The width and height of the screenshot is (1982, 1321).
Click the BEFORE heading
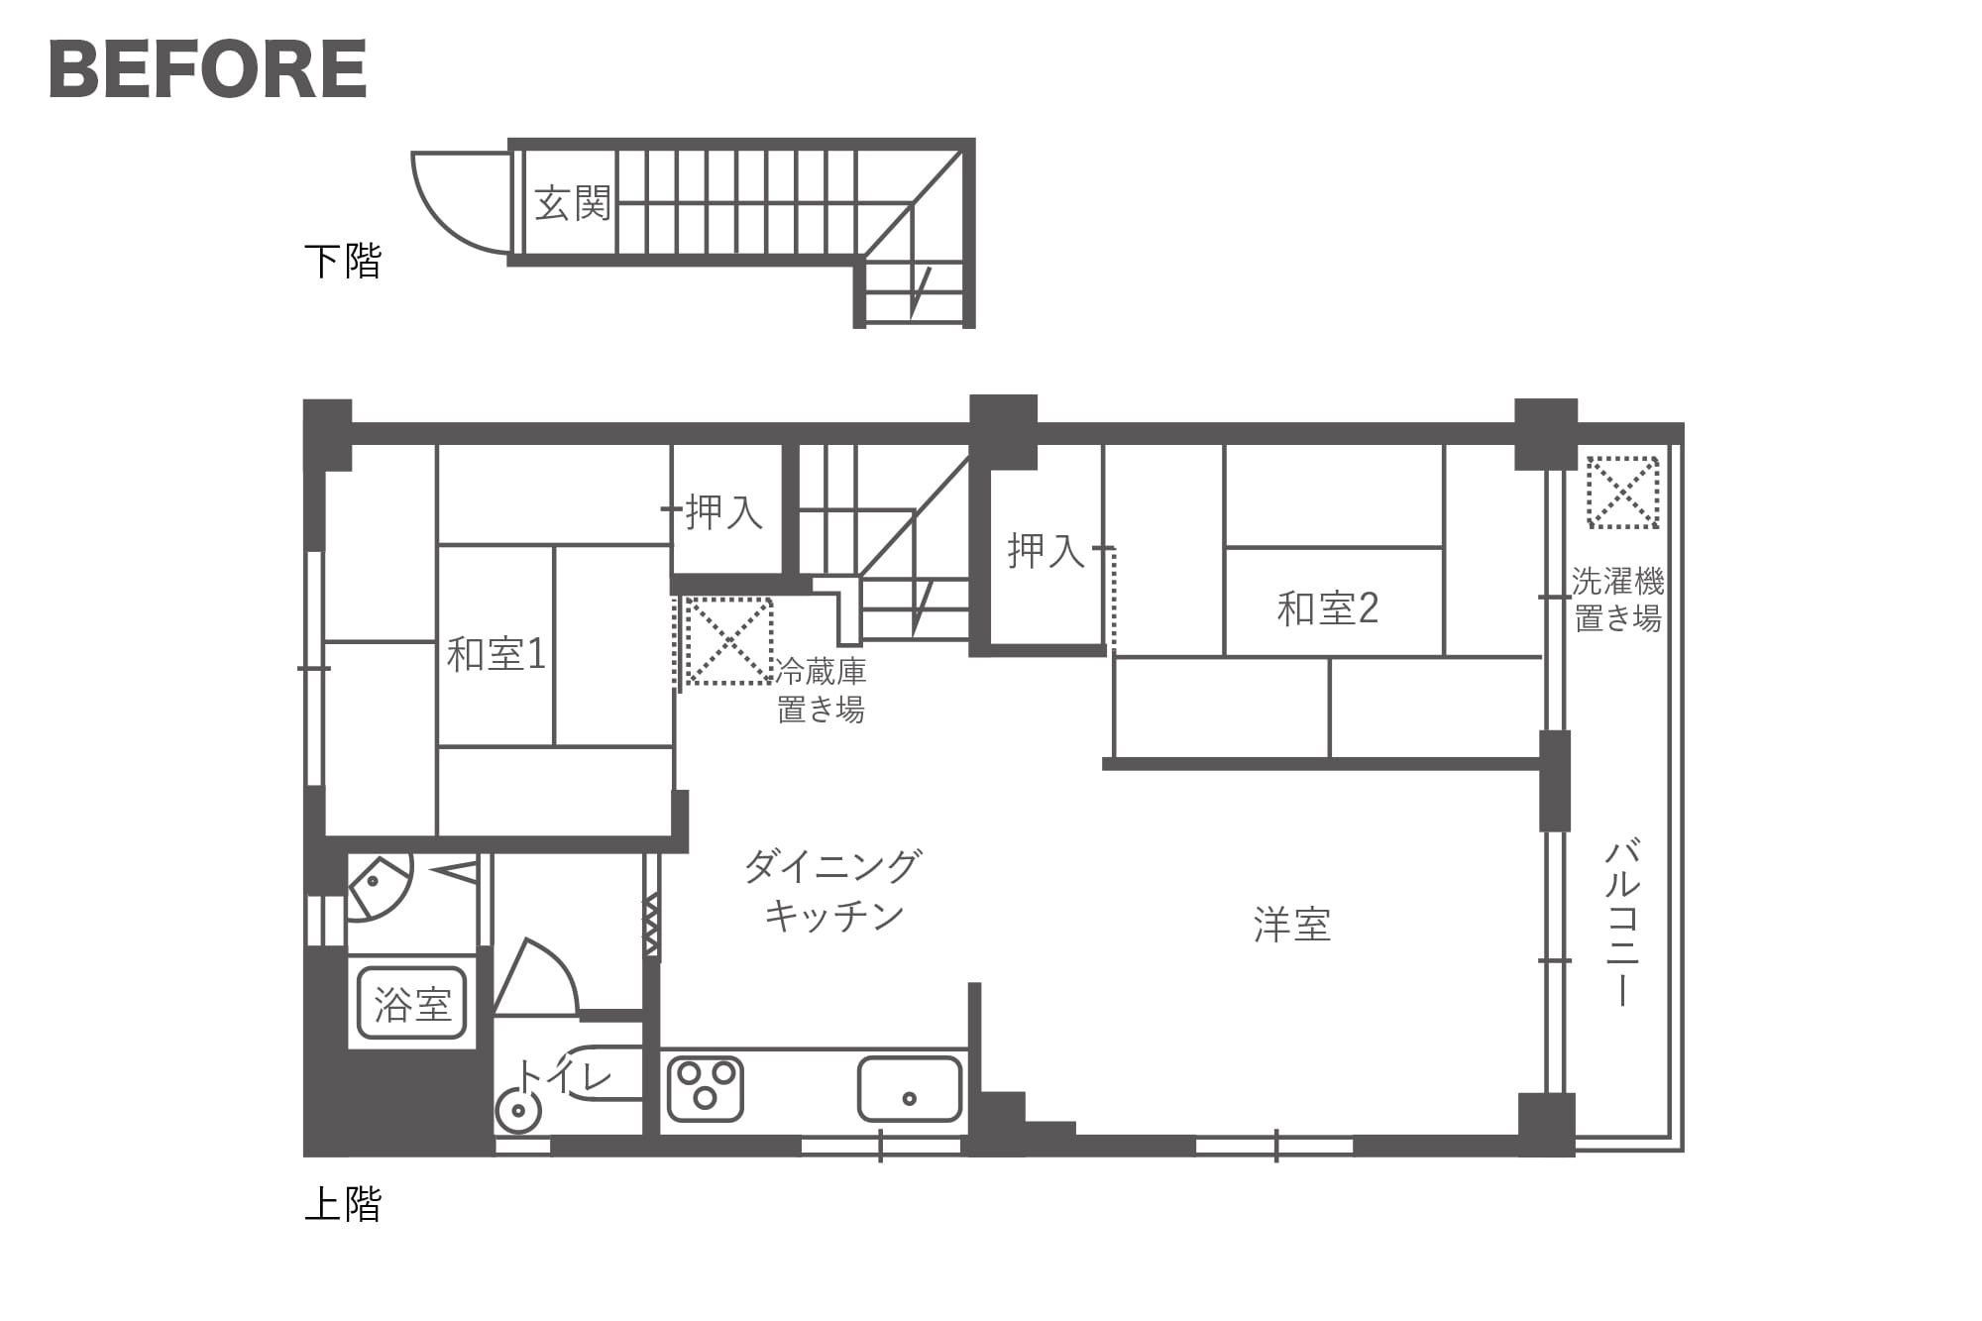pyautogui.click(x=208, y=69)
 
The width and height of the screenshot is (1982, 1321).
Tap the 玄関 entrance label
pyautogui.click(x=573, y=204)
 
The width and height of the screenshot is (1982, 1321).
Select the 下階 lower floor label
pyautogui.click(x=343, y=261)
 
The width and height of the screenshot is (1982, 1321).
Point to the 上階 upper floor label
pyautogui.click(x=343, y=1204)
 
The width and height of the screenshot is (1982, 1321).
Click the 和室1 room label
pyautogui.click(x=496, y=654)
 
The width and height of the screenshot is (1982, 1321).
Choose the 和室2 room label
pyautogui.click(x=1328, y=608)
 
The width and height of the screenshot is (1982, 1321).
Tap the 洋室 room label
pyautogui.click(x=1292, y=924)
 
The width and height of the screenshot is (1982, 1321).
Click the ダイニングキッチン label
pyautogui.click(x=833, y=890)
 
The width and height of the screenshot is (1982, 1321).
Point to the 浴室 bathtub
pyautogui.click(x=412, y=1003)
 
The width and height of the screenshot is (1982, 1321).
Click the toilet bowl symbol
pyautogui.click(x=518, y=1110)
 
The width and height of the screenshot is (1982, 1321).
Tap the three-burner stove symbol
pyautogui.click(x=706, y=1088)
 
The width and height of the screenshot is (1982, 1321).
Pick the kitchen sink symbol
pyautogui.click(x=910, y=1088)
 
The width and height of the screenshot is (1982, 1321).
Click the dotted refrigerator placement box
pyautogui.click(x=728, y=640)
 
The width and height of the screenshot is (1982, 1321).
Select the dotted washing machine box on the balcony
pyautogui.click(x=1622, y=492)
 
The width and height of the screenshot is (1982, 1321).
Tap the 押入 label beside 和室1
pyautogui.click(x=723, y=511)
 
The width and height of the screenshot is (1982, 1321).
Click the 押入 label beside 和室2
pyautogui.click(x=1046, y=550)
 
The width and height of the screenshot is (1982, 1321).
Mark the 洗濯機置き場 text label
pyautogui.click(x=1618, y=600)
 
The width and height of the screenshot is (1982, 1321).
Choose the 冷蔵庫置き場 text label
pyautogui.click(x=821, y=691)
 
